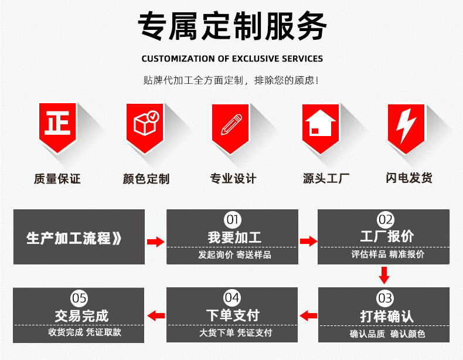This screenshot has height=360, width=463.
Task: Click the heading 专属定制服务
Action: coord(231,26)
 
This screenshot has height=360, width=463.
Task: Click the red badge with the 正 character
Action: coord(57,124)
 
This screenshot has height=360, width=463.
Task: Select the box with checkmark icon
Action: coord(145,124)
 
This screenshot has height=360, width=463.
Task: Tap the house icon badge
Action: coord(320,124)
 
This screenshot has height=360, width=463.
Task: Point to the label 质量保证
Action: coord(57,179)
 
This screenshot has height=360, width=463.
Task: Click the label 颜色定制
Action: coord(146,179)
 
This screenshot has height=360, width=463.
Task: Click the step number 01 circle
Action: coord(233,220)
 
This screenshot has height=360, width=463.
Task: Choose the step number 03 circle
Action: coord(384,298)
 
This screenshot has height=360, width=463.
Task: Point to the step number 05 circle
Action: coord(79,298)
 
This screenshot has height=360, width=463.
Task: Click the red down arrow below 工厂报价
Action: coord(384,274)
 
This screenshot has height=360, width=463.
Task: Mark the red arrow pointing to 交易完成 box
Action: coord(155,316)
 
